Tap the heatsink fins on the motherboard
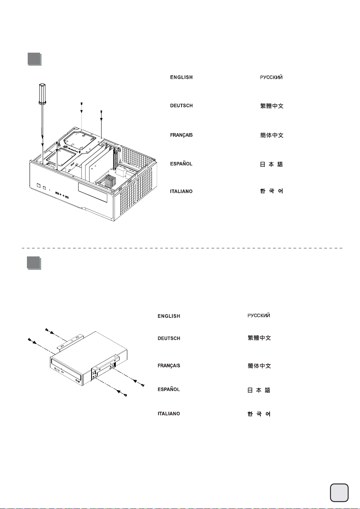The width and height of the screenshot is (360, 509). tap(110, 181)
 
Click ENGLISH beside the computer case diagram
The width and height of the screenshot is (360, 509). tap(182, 77)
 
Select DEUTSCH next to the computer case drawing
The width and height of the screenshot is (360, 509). tap(182, 106)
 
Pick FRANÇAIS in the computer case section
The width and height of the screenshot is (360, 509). tap(182, 135)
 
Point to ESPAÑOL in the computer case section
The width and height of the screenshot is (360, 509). tap(181, 164)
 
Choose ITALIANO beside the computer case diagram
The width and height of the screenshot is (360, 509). tap(181, 191)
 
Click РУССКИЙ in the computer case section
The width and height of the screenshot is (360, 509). tap(272, 77)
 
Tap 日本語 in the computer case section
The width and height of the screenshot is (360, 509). tap(272, 164)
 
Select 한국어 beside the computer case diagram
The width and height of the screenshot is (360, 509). tap(272, 191)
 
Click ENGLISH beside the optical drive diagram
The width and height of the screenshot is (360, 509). tap(169, 316)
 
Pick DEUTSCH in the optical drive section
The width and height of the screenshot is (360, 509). tap(169, 338)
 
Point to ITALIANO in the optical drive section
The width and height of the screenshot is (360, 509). tap(169, 414)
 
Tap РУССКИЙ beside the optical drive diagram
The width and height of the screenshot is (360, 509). tap(259, 315)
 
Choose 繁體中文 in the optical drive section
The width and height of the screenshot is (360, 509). tap(259, 338)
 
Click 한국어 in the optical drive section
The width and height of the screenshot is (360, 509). tap(259, 414)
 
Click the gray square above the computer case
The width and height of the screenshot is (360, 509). tap(34, 59)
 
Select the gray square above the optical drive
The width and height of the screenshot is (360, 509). tap(34, 263)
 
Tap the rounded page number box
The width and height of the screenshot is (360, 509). tap(339, 492)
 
